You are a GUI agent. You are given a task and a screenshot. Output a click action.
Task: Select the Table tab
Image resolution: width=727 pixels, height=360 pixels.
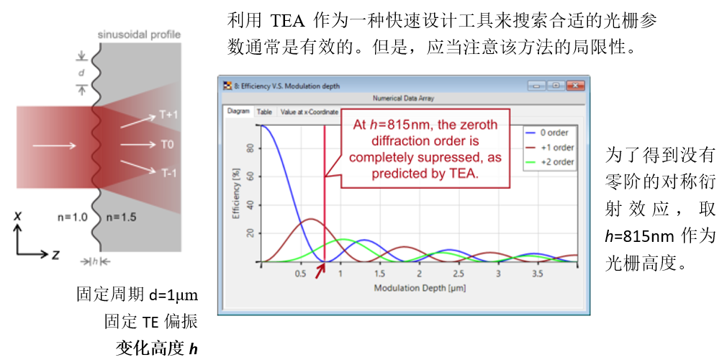click(264, 112)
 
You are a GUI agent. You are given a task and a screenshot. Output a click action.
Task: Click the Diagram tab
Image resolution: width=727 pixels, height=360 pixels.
click(238, 112)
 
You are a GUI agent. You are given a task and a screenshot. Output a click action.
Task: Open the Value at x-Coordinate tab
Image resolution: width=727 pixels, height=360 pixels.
click(309, 112)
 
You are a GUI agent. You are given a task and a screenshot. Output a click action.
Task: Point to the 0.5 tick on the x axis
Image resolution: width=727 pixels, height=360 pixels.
click(300, 274)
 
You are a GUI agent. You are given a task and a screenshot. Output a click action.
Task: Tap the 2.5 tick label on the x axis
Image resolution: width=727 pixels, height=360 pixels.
click(459, 274)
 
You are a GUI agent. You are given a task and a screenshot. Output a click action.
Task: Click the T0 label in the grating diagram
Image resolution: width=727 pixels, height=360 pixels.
click(168, 145)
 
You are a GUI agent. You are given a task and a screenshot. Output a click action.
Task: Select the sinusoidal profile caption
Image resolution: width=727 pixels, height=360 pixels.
click(139, 35)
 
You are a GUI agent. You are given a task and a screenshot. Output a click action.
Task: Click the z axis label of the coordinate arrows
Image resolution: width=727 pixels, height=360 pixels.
click(55, 255)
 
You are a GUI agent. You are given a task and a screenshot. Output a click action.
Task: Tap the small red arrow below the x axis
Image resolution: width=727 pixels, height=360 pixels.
click(320, 272)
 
